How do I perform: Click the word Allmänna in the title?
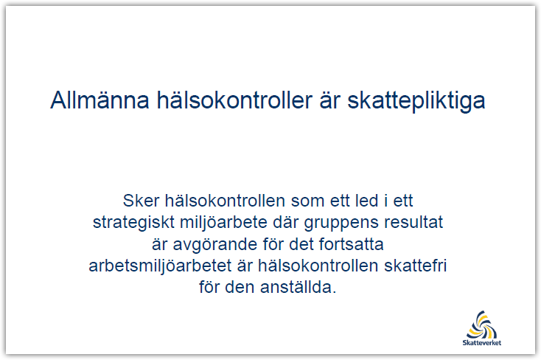coord(100,100)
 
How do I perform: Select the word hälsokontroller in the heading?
coord(234,100)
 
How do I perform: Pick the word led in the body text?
coord(367,201)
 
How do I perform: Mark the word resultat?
coord(413,222)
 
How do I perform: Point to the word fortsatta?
coord(352,244)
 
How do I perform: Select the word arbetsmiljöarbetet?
coord(160,266)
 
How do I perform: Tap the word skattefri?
coord(416,266)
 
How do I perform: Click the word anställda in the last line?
coord(298,287)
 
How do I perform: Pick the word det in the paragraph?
coord(301,244)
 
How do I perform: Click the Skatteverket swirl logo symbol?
coord(482,325)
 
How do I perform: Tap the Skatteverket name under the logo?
coord(482,343)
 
